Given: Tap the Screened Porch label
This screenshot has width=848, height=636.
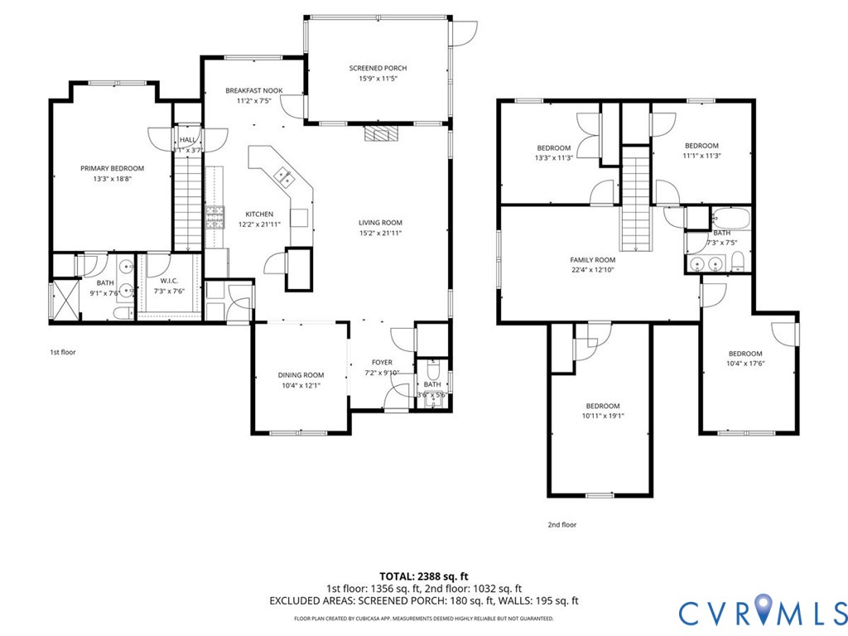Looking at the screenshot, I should (378, 68).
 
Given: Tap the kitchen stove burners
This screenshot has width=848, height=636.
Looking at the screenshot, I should (215, 218).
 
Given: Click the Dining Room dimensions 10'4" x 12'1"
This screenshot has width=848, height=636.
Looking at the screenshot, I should (301, 385).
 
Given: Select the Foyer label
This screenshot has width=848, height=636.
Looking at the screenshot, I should (382, 363).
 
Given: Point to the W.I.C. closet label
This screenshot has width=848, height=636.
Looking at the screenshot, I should (169, 281).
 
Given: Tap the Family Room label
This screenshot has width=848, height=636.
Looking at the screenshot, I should (593, 259).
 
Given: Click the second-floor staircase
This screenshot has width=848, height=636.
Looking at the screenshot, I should (635, 199).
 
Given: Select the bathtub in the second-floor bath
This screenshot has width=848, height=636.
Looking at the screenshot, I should (731, 220).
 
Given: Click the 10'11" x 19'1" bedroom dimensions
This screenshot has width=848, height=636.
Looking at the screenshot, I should (602, 416).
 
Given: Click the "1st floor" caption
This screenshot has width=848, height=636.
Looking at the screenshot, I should (62, 352).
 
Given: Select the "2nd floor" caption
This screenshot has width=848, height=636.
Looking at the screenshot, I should (561, 524).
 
